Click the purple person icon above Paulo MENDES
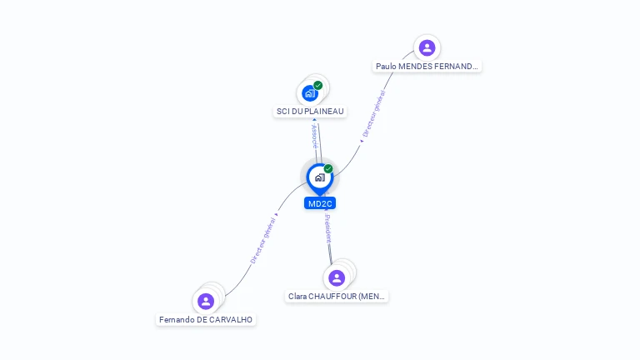[x=427, y=47]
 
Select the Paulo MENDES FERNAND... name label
[x=427, y=66]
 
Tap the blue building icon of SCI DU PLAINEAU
[x=310, y=93]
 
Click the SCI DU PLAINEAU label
[x=310, y=111]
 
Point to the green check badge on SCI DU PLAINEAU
[x=318, y=85]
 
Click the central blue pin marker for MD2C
[x=319, y=177]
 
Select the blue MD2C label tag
[x=320, y=203]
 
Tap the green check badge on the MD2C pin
[x=328, y=168]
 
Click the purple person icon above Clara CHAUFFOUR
[x=337, y=277]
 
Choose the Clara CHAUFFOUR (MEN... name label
[x=337, y=296]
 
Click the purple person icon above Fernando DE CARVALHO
[x=206, y=301]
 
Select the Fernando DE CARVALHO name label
[x=206, y=319]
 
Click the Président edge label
[x=327, y=227]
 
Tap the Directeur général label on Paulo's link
[x=372, y=114]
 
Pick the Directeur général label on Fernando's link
[x=263, y=240]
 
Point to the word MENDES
[x=416, y=66]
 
